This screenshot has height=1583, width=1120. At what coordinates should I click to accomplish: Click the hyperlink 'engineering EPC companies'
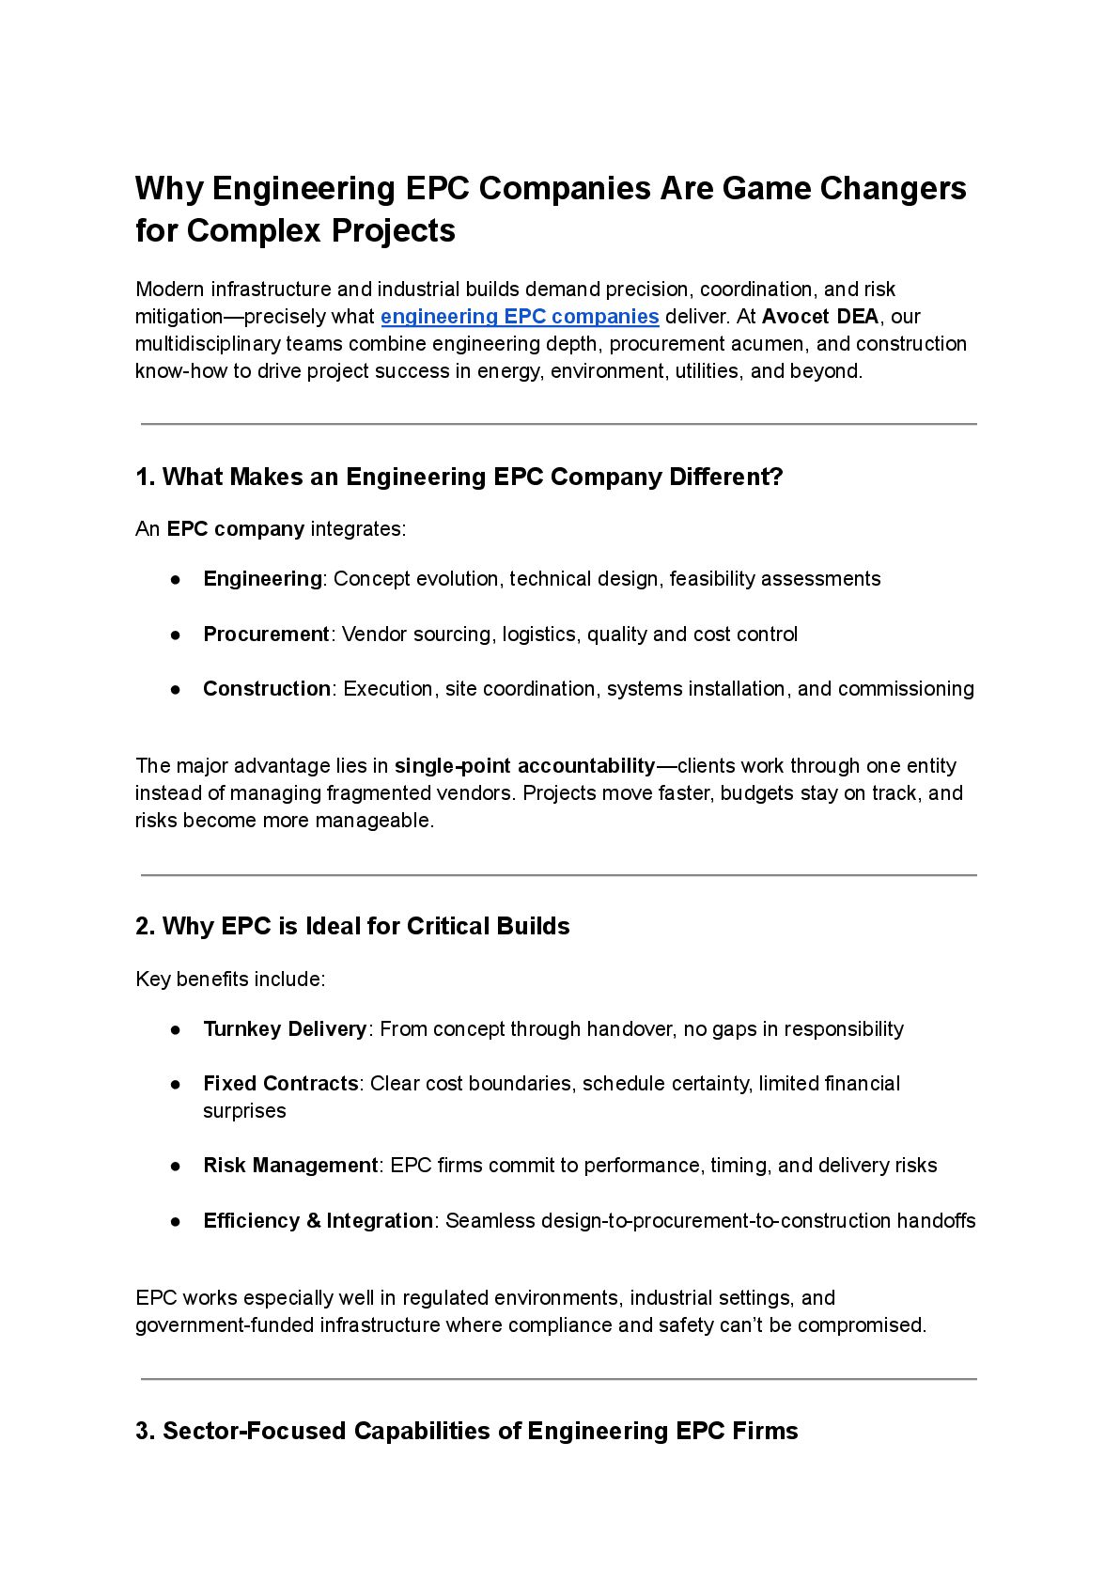pyautogui.click(x=520, y=317)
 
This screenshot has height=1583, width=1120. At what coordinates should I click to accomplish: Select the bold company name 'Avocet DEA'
pyautogui.click(x=820, y=317)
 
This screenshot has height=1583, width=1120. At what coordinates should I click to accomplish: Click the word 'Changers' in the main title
pyautogui.click(x=893, y=189)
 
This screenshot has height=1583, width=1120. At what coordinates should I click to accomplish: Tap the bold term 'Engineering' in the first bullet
pyautogui.click(x=262, y=579)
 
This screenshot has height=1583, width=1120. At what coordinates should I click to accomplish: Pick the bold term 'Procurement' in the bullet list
pyautogui.click(x=266, y=635)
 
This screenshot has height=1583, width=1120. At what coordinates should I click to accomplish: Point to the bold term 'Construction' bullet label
pyautogui.click(x=267, y=689)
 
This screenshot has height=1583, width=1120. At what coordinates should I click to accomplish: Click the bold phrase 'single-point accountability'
pyautogui.click(x=524, y=766)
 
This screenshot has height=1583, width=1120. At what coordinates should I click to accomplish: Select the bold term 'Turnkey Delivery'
pyautogui.click(x=285, y=1029)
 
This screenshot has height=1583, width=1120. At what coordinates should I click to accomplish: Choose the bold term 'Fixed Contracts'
pyautogui.click(x=280, y=1084)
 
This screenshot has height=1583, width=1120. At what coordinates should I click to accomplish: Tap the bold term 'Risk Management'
pyautogui.click(x=290, y=1166)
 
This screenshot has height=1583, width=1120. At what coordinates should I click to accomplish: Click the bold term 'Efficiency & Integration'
pyautogui.click(x=318, y=1221)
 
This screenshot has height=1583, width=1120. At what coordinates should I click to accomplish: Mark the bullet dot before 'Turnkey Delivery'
pyautogui.click(x=176, y=1029)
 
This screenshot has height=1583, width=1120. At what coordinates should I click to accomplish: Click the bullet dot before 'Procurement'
pyautogui.click(x=176, y=635)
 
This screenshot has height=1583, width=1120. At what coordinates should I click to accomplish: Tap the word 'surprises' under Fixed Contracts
pyautogui.click(x=244, y=1111)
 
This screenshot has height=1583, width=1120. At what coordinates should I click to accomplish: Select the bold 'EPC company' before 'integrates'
pyautogui.click(x=235, y=529)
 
